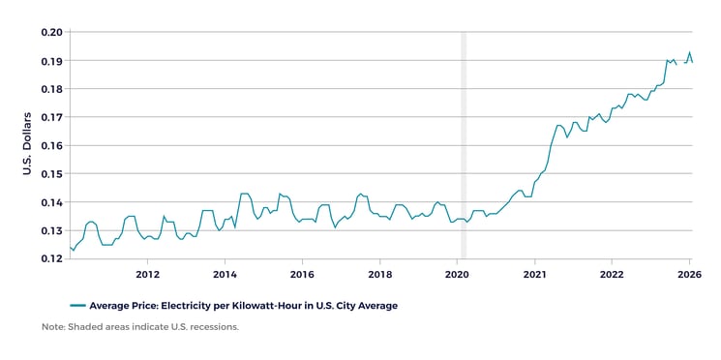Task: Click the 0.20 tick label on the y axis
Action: pyautogui.click(x=51, y=32)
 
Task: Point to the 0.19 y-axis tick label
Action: pyautogui.click(x=51, y=61)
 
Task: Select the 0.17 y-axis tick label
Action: pyautogui.click(x=51, y=117)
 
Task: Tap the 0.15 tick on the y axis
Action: pyautogui.click(x=51, y=174)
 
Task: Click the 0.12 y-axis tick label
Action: pyautogui.click(x=51, y=259)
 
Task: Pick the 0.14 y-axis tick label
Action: pyautogui.click(x=51, y=202)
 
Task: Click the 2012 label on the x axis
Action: pyautogui.click(x=147, y=275)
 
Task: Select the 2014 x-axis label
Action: pyautogui.click(x=225, y=275)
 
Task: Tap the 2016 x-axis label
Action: pyautogui.click(x=302, y=275)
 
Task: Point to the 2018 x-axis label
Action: pyautogui.click(x=379, y=275)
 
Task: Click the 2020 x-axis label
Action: pyautogui.click(x=457, y=275)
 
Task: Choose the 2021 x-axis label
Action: pyautogui.click(x=534, y=275)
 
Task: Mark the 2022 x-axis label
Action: pyautogui.click(x=612, y=275)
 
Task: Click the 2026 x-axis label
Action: pyautogui.click(x=689, y=275)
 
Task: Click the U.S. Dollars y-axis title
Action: pyautogui.click(x=27, y=144)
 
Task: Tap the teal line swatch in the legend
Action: pyautogui.click(x=77, y=306)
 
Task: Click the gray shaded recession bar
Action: pyautogui.click(x=463, y=145)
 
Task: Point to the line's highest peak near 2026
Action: pyautogui.click(x=689, y=52)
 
